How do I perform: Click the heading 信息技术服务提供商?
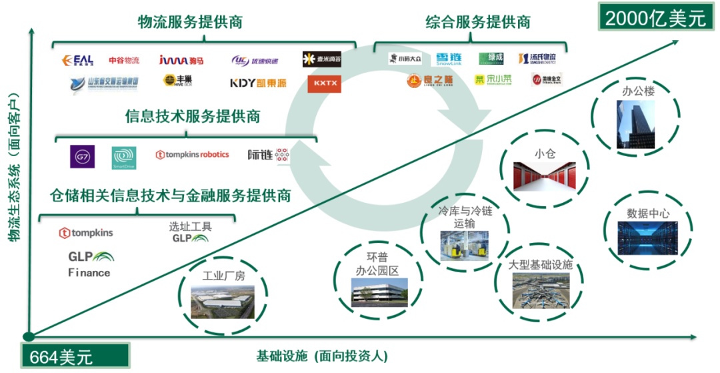193,116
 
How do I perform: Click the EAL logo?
78,60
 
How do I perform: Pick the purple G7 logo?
83,156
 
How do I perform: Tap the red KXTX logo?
324,84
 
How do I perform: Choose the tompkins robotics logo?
192,155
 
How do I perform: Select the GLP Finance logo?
90,263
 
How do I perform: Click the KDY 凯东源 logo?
257,83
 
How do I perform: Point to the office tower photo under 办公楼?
632,125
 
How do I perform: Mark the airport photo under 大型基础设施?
541,291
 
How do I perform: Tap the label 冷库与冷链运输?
465,218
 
